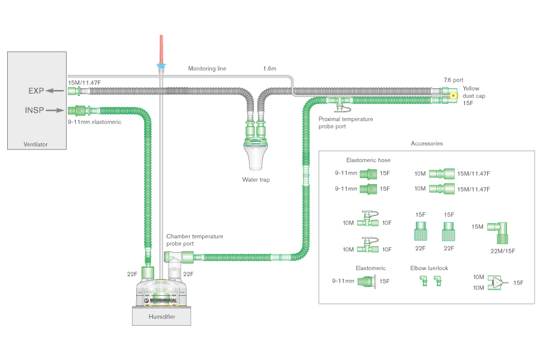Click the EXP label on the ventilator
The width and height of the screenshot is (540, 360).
(x=37, y=91)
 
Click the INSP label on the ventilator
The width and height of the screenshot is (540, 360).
(x=35, y=110)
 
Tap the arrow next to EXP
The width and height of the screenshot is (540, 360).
(x=56, y=91)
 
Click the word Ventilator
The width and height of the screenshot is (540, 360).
(x=35, y=144)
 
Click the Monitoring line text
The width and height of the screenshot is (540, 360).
(x=207, y=68)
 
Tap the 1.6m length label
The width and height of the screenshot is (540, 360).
(x=269, y=68)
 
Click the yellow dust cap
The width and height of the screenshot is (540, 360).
(x=453, y=95)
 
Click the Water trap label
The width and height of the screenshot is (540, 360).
(x=256, y=179)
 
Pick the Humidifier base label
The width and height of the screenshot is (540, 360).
(x=161, y=317)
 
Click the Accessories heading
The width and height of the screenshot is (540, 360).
(x=427, y=143)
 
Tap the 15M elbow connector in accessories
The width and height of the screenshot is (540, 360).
(x=498, y=229)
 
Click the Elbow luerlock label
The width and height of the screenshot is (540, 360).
(x=429, y=268)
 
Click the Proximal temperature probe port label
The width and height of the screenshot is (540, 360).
(x=345, y=122)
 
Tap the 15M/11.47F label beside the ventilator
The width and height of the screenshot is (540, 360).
(x=85, y=82)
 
